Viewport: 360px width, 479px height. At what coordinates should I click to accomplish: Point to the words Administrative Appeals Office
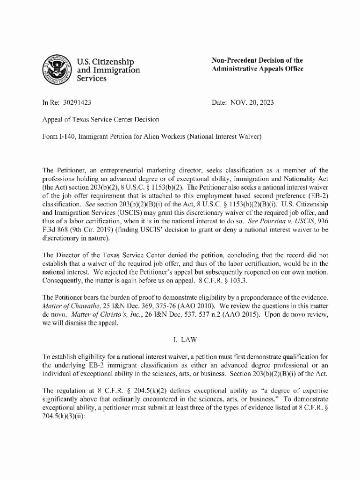click(258, 69)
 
